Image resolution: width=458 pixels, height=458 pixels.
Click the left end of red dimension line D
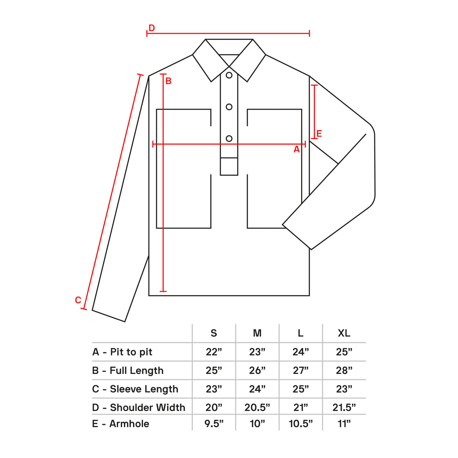pyautogui.click(x=147, y=34)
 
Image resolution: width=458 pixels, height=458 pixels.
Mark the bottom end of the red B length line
pyautogui.click(x=163, y=291)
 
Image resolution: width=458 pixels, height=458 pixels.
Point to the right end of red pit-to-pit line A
pyautogui.click(x=305, y=144)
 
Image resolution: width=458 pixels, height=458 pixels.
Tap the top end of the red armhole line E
pyautogui.click(x=314, y=85)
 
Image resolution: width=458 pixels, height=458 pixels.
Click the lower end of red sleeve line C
pyautogui.click(x=84, y=309)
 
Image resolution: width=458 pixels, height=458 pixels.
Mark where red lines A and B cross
pyautogui.click(x=163, y=144)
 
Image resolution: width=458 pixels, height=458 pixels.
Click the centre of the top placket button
pyautogui.click(x=229, y=75)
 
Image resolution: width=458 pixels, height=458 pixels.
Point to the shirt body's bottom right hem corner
pyautogui.click(x=310, y=296)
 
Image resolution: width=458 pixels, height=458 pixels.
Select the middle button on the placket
pyautogui.click(x=229, y=107)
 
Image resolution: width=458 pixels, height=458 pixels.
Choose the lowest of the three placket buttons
pyautogui.click(x=229, y=139)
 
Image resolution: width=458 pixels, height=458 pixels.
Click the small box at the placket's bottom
pyautogui.click(x=229, y=166)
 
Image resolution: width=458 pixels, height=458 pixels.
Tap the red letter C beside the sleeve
pyautogui.click(x=78, y=300)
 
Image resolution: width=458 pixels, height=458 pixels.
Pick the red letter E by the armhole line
pyautogui.click(x=319, y=134)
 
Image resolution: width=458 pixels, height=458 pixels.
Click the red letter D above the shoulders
pyautogui.click(x=152, y=28)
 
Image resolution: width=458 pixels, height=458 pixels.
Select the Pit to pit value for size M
pyautogui.click(x=257, y=352)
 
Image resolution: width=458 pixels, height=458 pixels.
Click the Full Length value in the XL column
pyautogui.click(x=344, y=370)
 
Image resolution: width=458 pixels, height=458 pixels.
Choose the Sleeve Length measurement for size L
pyautogui.click(x=301, y=389)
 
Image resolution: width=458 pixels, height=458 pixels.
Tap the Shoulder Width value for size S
pyautogui.click(x=214, y=407)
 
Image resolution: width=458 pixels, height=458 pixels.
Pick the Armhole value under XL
pyautogui.click(x=344, y=424)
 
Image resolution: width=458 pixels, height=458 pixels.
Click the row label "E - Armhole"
pyautogui.click(x=121, y=424)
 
